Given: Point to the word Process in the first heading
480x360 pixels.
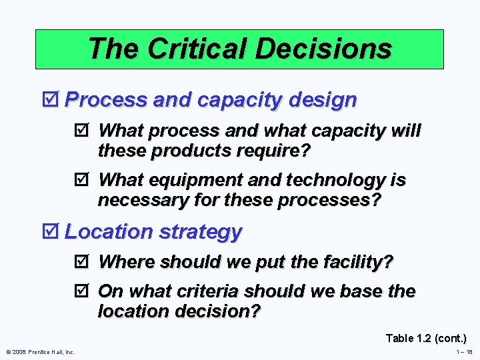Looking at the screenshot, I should [106, 100].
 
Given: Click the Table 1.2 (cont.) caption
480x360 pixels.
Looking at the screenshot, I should [425, 338].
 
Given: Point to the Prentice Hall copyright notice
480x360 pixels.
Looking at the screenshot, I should [40, 352].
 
